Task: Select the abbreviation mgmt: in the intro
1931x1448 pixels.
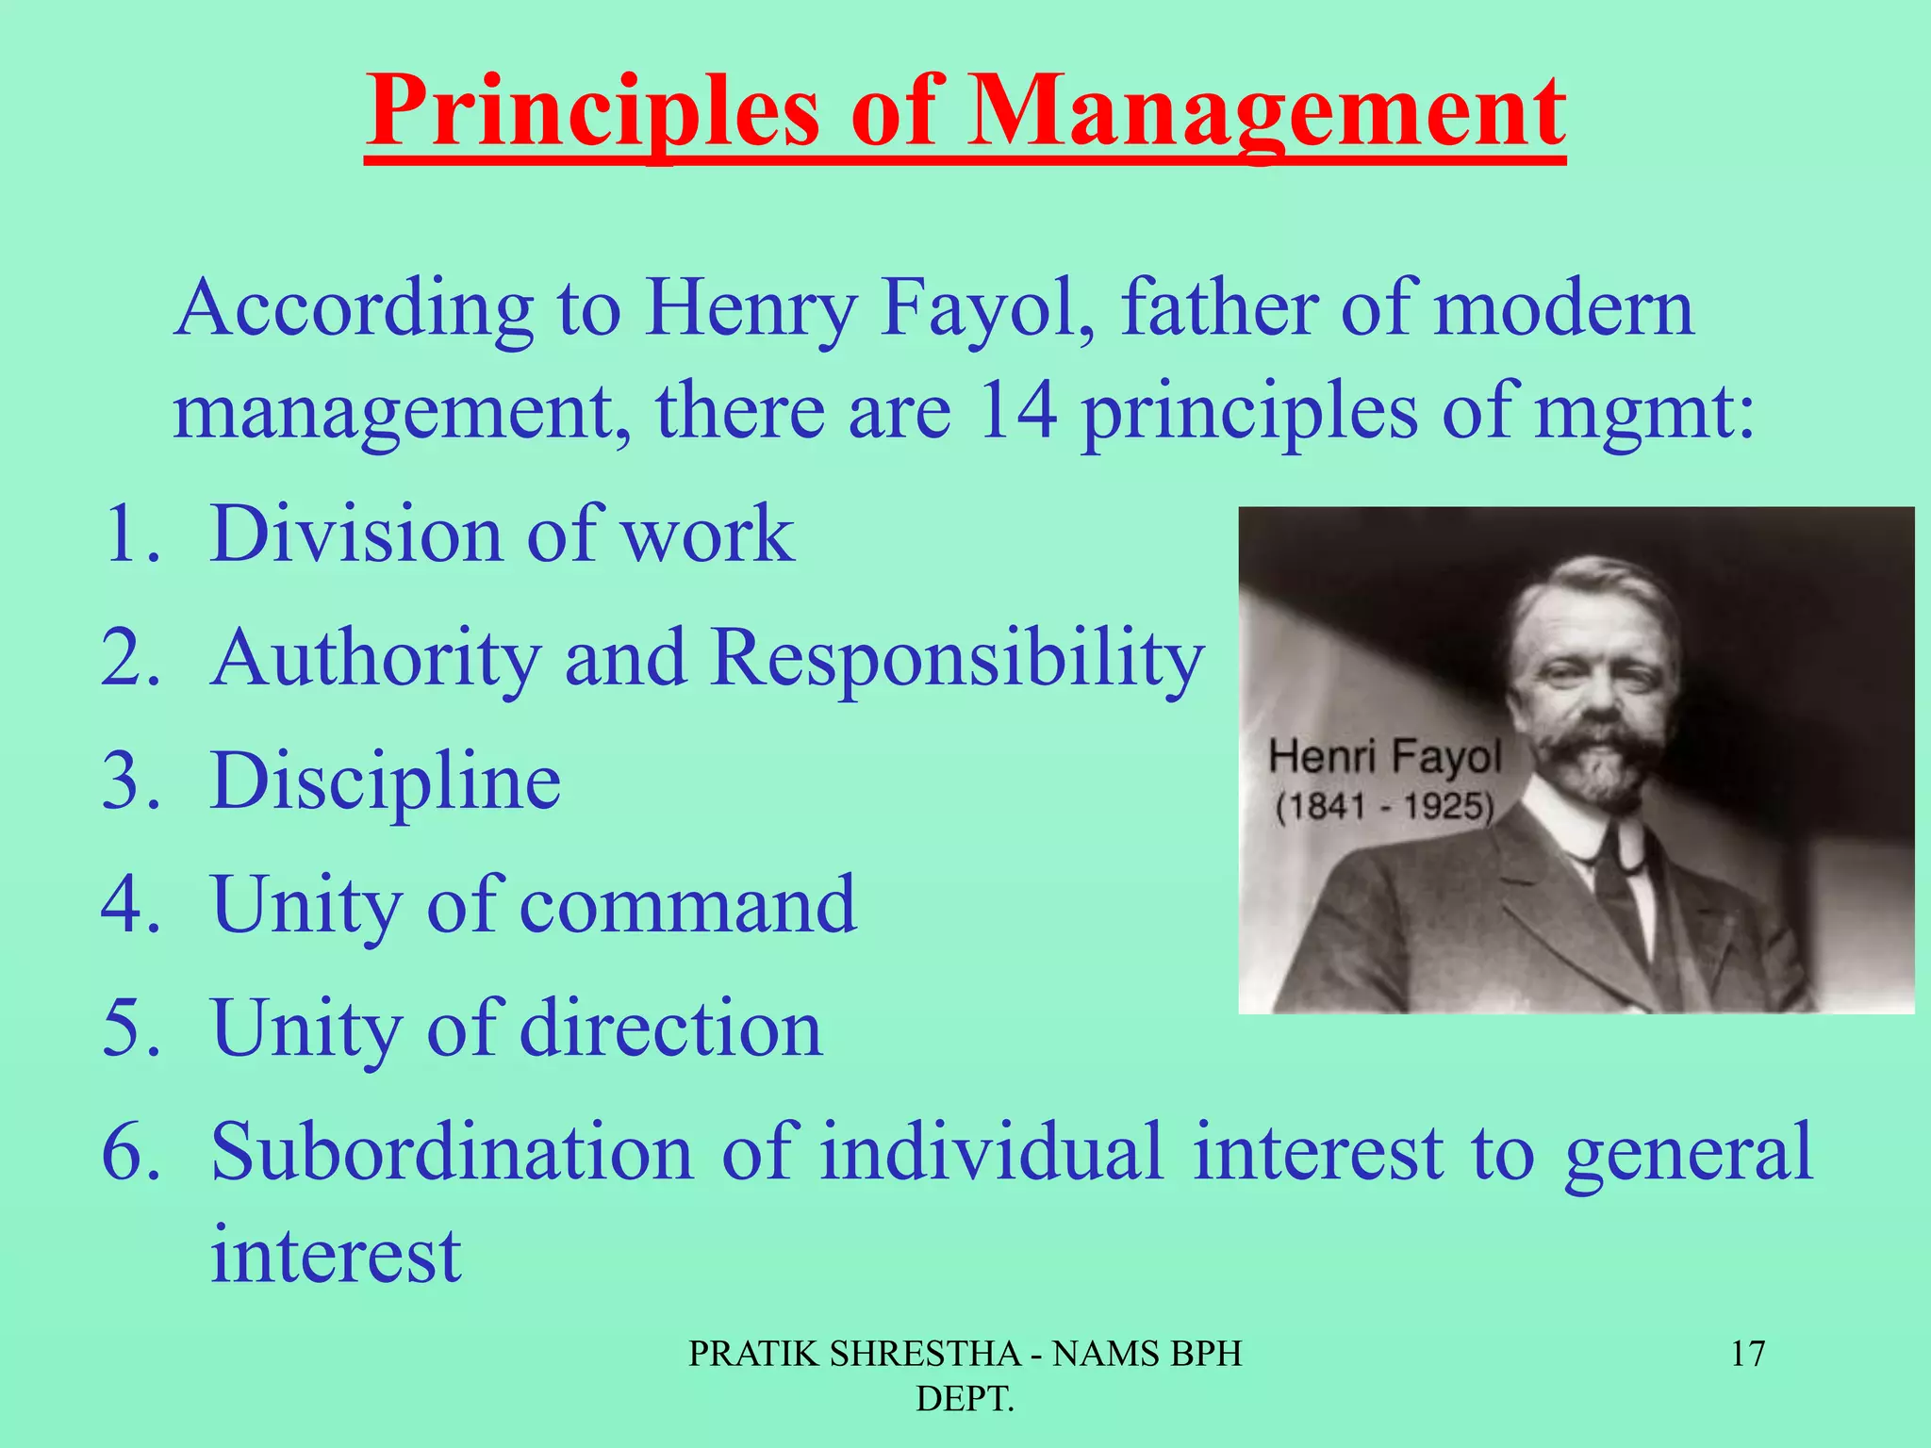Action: (1645, 415)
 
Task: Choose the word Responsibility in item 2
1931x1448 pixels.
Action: (957, 658)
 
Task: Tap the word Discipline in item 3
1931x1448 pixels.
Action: (386, 782)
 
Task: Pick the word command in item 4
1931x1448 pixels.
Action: (688, 905)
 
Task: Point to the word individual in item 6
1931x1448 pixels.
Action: (991, 1152)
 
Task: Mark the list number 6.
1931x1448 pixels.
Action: (130, 1152)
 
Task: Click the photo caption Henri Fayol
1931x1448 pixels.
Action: (1384, 757)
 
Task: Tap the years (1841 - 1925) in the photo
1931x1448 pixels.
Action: (1384, 807)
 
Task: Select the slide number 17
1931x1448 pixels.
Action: (1747, 1354)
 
